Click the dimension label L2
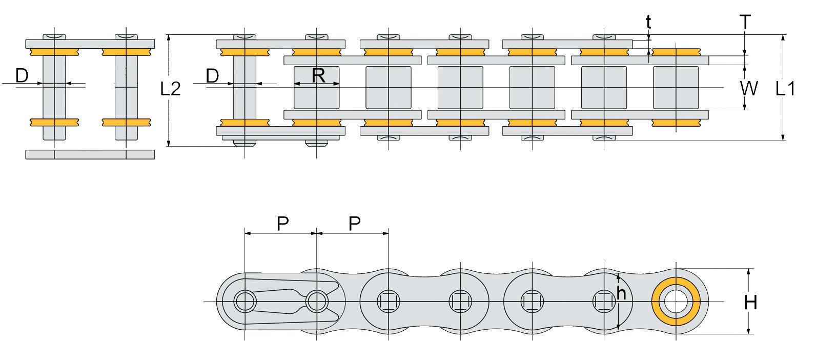[171, 89]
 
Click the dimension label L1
[785, 89]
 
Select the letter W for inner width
[749, 88]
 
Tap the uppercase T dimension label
[745, 22]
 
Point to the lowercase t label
[648, 22]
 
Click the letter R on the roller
[318, 75]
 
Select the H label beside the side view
[750, 303]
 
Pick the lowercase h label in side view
[621, 293]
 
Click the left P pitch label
[283, 224]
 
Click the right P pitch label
[355, 224]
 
